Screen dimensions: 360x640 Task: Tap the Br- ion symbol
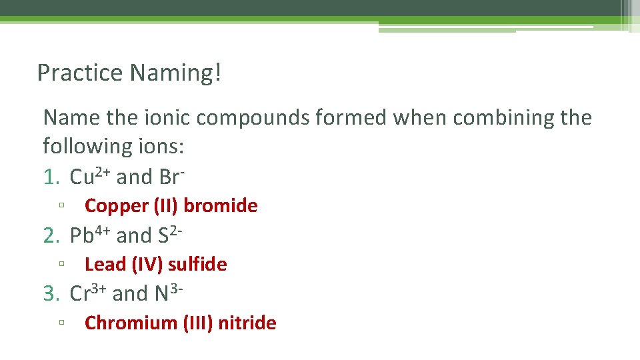point(172,177)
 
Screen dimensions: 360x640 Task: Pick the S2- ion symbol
point(171,235)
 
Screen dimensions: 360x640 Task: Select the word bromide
point(220,206)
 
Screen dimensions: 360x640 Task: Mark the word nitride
point(247,323)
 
